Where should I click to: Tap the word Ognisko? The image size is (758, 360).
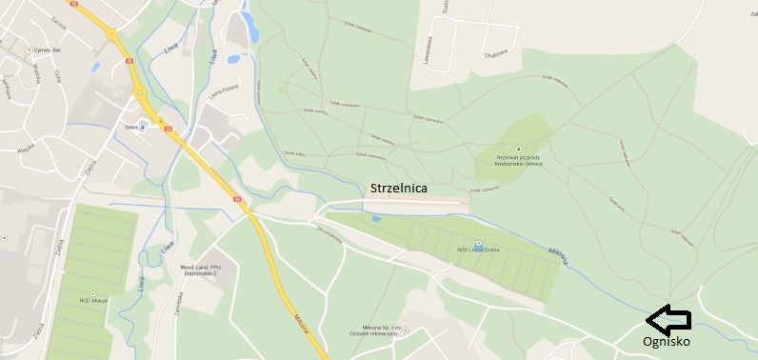pos(667,341)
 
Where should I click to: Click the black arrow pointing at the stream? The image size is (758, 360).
pos(668,318)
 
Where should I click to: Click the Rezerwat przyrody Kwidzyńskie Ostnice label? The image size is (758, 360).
pos(519,161)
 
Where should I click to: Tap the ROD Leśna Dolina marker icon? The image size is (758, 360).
pos(478,244)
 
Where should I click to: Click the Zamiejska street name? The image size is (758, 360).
pos(177,302)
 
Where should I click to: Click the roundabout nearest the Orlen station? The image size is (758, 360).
pos(139,92)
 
